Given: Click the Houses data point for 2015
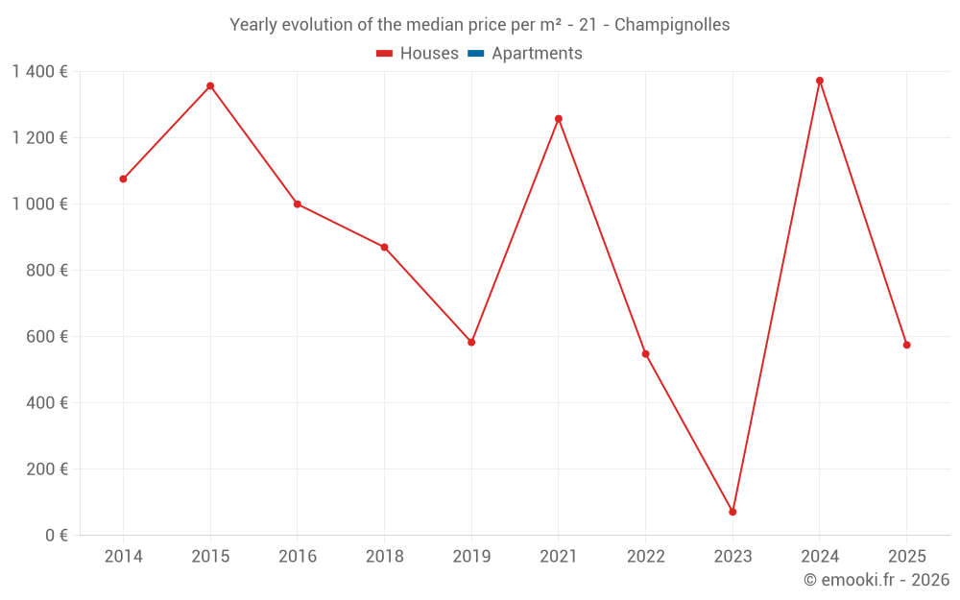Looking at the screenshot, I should click(210, 86).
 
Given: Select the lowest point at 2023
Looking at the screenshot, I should click(732, 512).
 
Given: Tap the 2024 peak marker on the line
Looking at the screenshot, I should click(820, 81).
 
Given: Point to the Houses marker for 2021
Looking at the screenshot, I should click(559, 119).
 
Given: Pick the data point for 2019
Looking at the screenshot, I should click(471, 342).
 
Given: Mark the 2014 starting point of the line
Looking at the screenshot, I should click(123, 179).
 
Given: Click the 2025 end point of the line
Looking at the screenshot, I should click(906, 345).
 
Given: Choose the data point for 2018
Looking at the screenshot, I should click(384, 248).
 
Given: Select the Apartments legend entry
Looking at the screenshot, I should click(537, 54).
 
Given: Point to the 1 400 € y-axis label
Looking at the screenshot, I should click(39, 71).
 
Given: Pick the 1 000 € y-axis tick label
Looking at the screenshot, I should click(39, 204).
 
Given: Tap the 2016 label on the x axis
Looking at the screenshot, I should click(298, 556).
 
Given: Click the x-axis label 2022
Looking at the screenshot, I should click(645, 556).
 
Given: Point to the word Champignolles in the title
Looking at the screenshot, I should click(672, 24).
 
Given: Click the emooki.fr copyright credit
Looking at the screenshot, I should click(876, 580).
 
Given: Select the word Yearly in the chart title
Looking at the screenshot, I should click(252, 24).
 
